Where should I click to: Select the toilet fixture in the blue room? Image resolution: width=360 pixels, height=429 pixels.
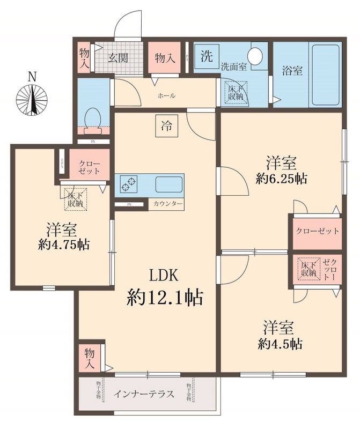(x=93, y=117)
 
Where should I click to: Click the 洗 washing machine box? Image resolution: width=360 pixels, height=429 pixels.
(x=206, y=56)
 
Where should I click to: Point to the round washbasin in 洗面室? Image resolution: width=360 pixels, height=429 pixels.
(x=256, y=56)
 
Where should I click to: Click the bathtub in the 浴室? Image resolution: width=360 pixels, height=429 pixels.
(x=326, y=75)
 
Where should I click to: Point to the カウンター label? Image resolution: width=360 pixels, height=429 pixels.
(x=167, y=204)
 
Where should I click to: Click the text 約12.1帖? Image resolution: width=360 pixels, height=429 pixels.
(x=165, y=296)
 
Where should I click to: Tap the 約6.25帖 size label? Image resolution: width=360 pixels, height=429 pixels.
(x=282, y=179)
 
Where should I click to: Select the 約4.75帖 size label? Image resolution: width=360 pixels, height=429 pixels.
(x=64, y=245)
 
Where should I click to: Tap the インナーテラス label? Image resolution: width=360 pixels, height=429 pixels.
(x=144, y=394)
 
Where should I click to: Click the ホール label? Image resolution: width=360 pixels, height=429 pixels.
(x=166, y=95)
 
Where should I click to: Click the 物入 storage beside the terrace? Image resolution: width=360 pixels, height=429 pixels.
(x=90, y=356)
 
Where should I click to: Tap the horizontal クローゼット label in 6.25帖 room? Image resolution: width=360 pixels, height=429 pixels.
(x=318, y=231)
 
